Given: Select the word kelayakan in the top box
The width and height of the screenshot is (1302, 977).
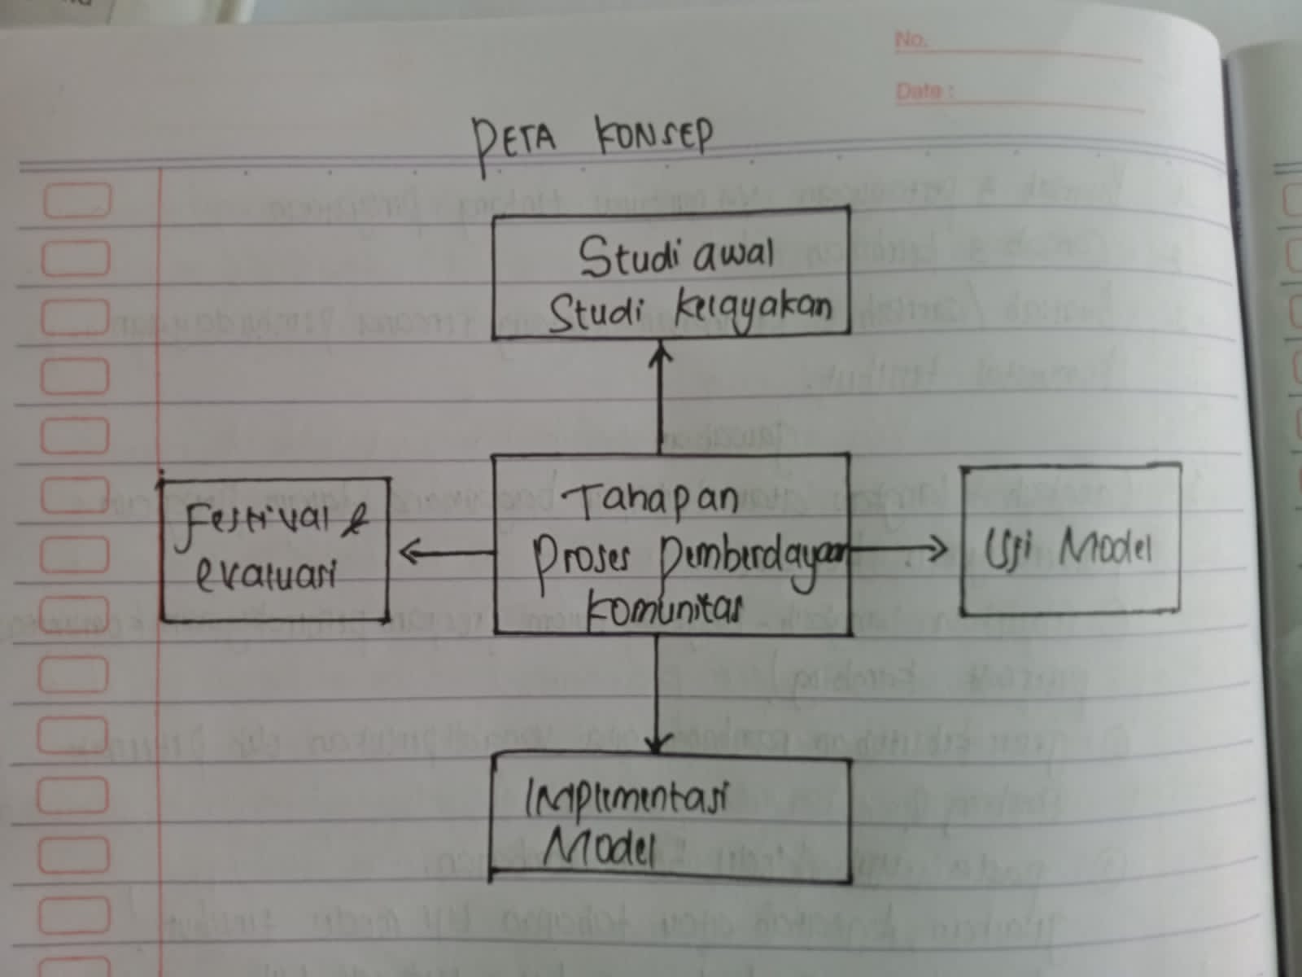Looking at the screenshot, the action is (754, 309).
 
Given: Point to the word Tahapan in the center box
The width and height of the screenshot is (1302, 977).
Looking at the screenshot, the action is (649, 498).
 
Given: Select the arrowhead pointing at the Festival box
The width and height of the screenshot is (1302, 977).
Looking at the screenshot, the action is (408, 554).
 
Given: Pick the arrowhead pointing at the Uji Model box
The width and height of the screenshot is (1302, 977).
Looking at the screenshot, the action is (937, 550).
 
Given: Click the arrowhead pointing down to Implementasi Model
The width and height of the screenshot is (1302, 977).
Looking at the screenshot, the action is (658, 743).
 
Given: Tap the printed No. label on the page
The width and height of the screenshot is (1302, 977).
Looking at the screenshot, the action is (911, 39).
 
